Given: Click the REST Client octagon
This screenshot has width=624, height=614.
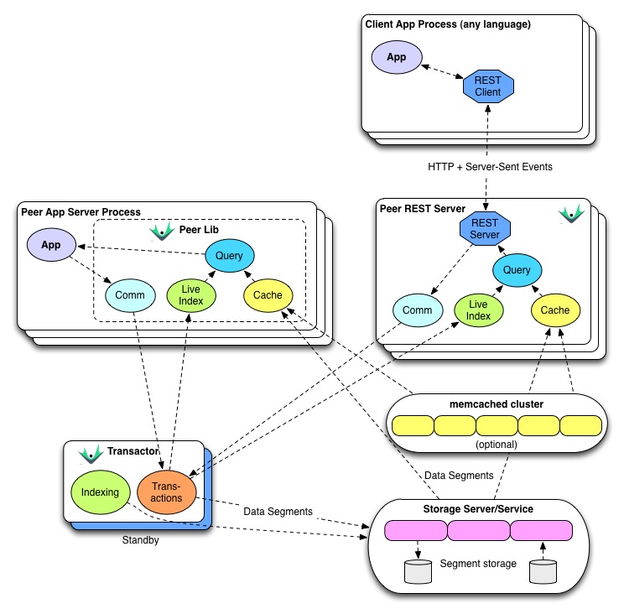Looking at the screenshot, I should click(487, 86).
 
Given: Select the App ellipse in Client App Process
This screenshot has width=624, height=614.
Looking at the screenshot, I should click(396, 58).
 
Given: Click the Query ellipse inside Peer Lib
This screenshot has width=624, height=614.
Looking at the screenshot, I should click(229, 255).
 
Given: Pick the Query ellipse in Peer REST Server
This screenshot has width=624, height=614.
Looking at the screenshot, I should click(517, 270).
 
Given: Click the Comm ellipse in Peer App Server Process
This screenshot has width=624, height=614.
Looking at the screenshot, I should click(130, 294).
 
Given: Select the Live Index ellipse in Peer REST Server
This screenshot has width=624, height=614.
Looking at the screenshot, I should click(478, 310).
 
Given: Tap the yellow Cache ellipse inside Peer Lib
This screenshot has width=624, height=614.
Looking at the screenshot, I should click(268, 294).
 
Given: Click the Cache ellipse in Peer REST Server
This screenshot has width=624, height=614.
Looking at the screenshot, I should click(554, 310).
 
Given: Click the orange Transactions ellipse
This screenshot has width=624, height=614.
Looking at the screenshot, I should click(166, 492).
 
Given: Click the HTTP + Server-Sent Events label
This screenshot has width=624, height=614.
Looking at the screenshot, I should click(490, 167).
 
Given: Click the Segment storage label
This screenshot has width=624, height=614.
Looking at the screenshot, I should click(478, 563).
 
